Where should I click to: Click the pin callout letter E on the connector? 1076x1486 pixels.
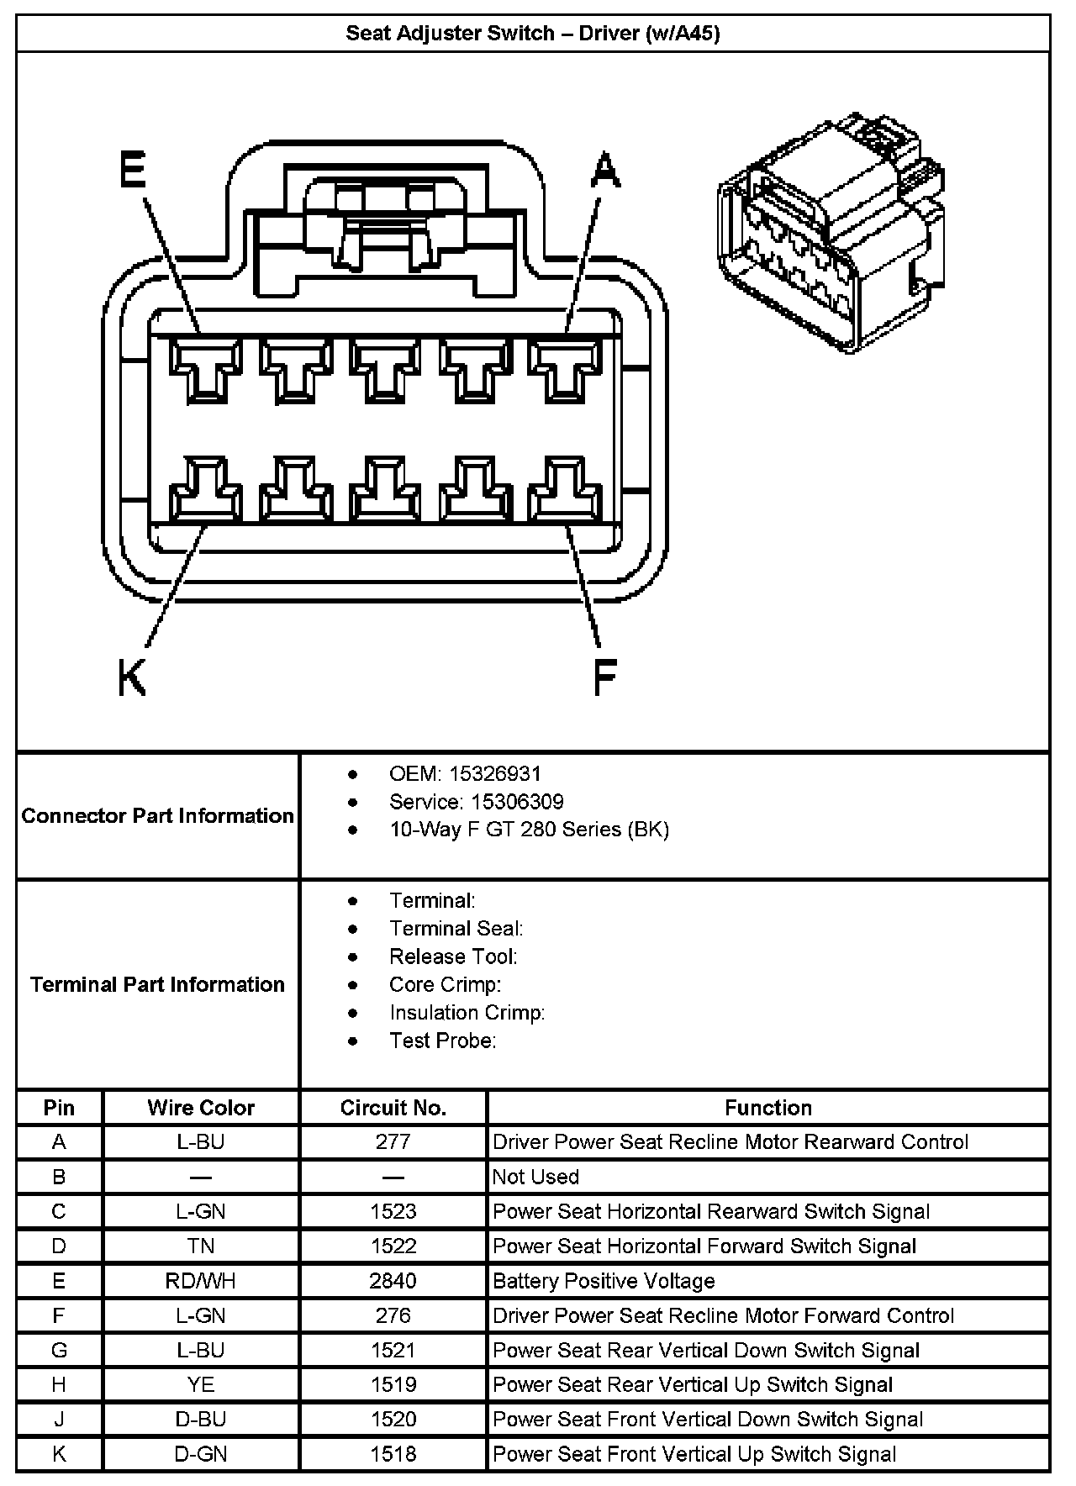point(132,171)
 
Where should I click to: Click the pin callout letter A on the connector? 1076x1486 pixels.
point(605,171)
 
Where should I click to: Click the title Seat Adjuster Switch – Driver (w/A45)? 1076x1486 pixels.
point(533,34)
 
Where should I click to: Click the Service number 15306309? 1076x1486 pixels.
point(516,802)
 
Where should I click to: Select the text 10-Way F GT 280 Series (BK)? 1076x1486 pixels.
point(529,830)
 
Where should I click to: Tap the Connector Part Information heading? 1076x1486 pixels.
point(158,816)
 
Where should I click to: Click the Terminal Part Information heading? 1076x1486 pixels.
point(158,984)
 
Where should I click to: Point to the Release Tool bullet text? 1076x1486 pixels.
point(453,956)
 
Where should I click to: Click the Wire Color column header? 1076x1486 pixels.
point(201,1108)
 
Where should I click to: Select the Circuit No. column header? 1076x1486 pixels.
point(393,1108)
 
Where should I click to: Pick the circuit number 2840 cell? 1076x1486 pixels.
point(393,1281)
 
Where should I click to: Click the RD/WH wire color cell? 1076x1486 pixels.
point(201,1281)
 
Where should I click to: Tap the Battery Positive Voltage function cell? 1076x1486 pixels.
point(604,1281)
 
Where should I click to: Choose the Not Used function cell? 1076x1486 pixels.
point(535,1177)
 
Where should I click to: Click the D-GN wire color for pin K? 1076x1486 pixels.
point(201,1454)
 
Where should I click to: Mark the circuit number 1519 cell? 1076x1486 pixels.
point(393,1384)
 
